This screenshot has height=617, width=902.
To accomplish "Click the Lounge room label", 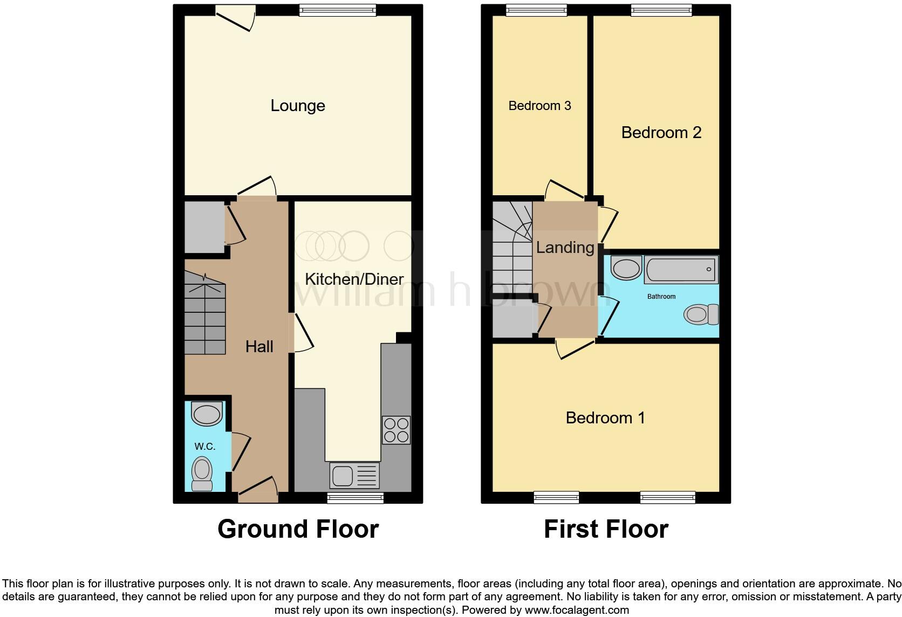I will click(x=297, y=106).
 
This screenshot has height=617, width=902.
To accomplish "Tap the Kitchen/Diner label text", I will click(x=354, y=279).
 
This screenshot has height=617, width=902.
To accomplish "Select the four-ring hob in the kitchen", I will click(x=396, y=430).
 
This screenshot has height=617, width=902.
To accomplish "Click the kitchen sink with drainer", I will click(x=354, y=476).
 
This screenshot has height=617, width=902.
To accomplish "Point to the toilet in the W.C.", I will click(x=202, y=474).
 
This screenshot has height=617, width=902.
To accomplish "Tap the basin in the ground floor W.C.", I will click(x=207, y=414).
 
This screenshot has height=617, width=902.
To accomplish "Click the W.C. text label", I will click(x=205, y=447).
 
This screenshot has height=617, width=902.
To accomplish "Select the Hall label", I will click(x=259, y=346).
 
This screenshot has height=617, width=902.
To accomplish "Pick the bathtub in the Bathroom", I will click(x=681, y=269).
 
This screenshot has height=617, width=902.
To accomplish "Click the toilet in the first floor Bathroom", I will click(x=701, y=314).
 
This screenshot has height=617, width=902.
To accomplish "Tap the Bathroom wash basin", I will click(x=626, y=268).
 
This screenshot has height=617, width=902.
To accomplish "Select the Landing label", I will click(x=565, y=248).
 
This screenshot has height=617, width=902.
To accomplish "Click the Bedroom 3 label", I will click(x=539, y=106).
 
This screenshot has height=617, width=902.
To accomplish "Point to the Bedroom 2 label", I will click(x=661, y=133).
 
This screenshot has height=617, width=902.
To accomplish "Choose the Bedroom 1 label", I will click(x=605, y=417).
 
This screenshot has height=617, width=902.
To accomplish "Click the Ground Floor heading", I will click(x=298, y=529).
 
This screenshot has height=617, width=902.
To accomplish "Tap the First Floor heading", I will click(x=606, y=529).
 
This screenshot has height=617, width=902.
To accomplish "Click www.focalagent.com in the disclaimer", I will click(x=577, y=610).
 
